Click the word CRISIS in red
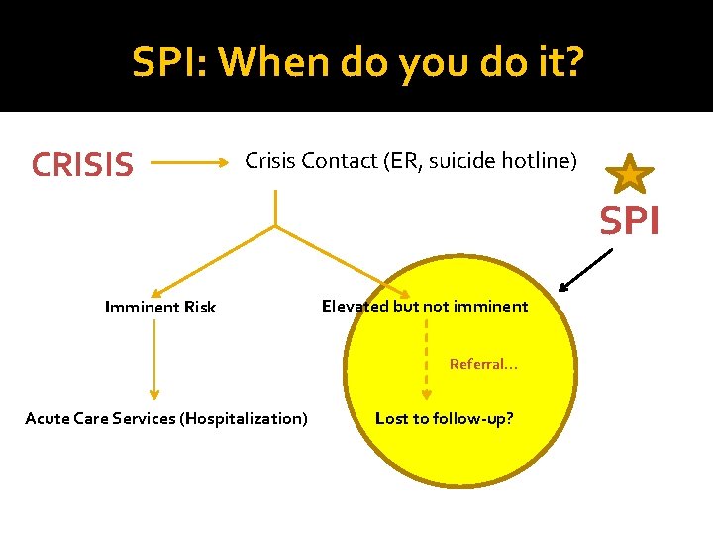pos(82,165)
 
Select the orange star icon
pos(630,174)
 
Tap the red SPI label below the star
pos(630,222)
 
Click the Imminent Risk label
pos(159,307)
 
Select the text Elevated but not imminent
pos(425,306)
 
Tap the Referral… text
pos(483,364)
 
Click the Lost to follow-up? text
pos(444,418)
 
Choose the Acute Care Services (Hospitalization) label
pos(166,418)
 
